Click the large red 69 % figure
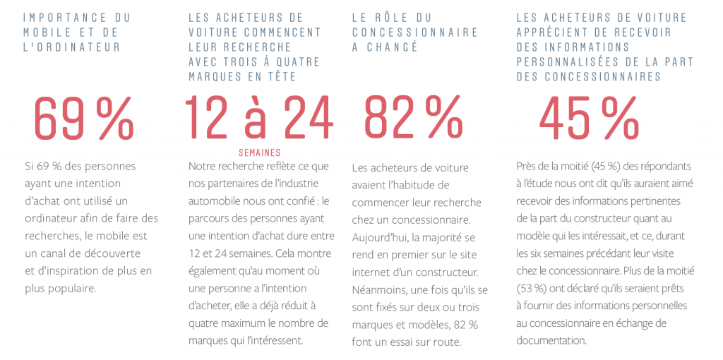pyautogui.click(x=84, y=118)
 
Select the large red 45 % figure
pyautogui.click(x=589, y=118)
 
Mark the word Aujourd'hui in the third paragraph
pyautogui.click(x=375, y=238)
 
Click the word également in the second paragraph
pyautogui.click(x=210, y=272)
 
